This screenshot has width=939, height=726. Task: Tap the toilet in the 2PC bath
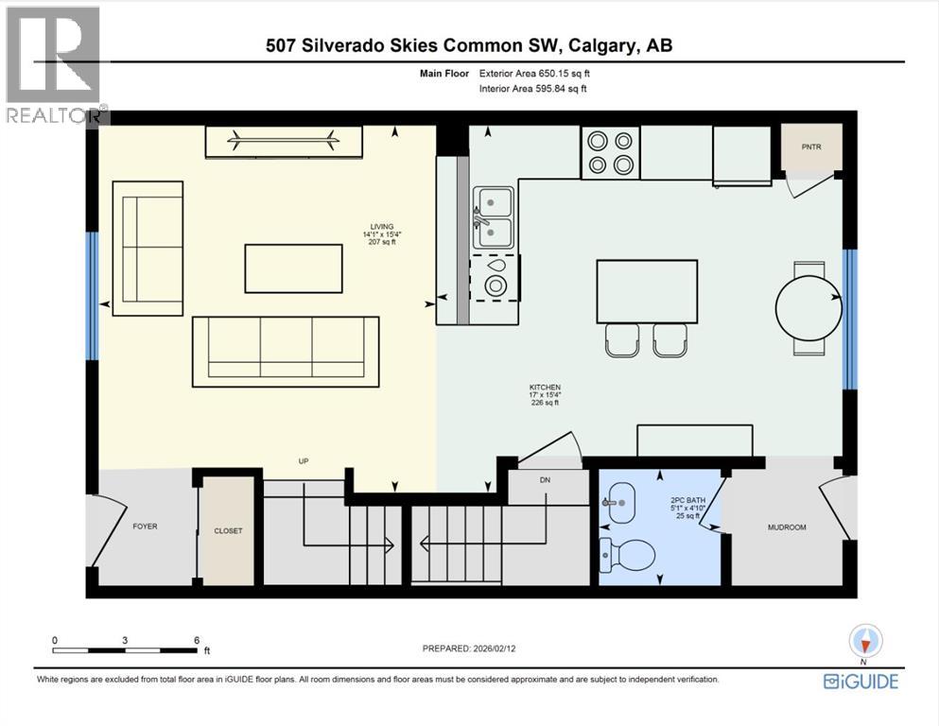[628, 553]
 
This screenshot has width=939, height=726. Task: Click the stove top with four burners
[610, 152]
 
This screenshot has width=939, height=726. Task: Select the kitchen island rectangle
[647, 291]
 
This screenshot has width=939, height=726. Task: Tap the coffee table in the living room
[293, 268]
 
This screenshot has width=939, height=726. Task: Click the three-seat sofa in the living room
[285, 351]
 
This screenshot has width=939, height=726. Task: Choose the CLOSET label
[227, 530]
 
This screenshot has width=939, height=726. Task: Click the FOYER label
[145, 527]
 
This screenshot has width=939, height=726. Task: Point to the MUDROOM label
[786, 527]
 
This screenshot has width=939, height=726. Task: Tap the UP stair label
[304, 461]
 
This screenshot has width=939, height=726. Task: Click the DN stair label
[545, 480]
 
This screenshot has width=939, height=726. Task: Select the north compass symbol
[865, 642]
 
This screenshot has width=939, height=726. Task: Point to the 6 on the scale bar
[195, 640]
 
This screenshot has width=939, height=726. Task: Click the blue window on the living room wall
[92, 295]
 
